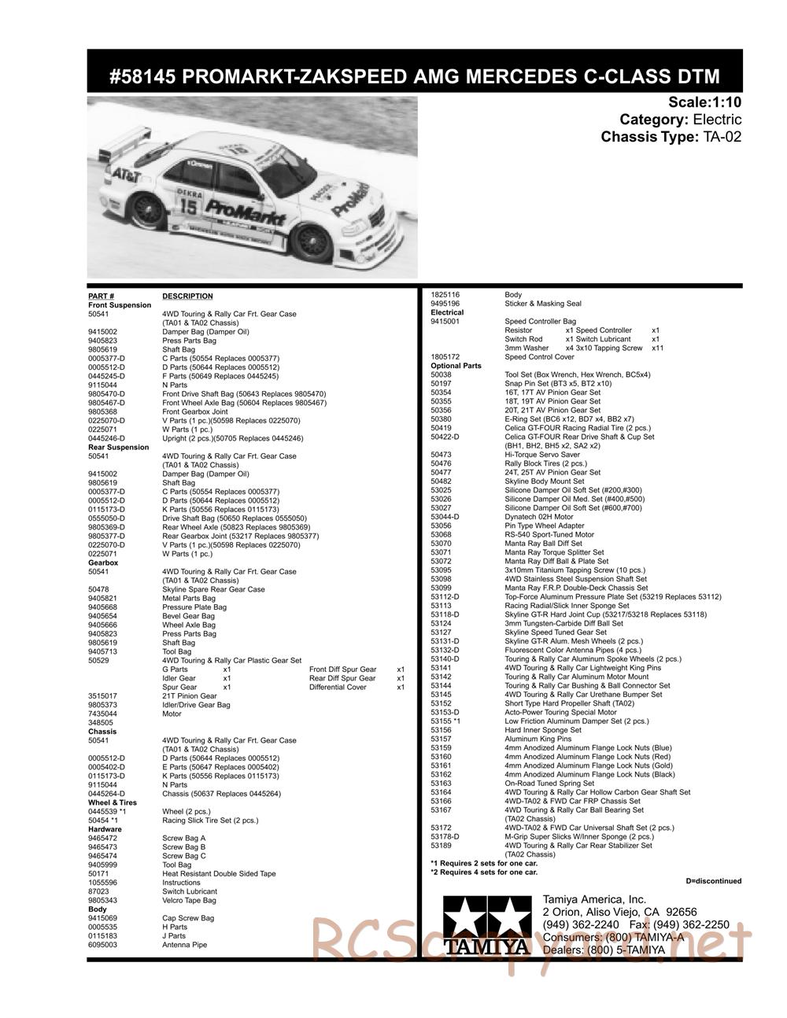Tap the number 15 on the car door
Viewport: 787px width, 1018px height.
pos(189,206)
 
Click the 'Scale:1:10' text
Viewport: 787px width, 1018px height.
pos(704,102)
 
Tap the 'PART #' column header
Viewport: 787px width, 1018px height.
pos(102,297)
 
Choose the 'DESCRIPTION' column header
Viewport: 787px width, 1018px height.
pos(187,297)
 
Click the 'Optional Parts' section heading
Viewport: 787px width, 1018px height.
pos(456,366)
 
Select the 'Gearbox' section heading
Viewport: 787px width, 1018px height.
pos(103,563)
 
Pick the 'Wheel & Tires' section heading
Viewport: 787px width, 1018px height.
pos(113,803)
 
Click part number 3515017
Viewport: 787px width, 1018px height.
pos(102,696)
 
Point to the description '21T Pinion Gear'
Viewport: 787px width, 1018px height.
pos(190,696)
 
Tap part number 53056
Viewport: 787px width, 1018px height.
pos(441,526)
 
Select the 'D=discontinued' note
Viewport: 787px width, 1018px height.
pos(713,881)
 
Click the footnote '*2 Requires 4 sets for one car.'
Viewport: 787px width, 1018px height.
pos(484,872)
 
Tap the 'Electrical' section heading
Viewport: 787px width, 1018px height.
pos(447,312)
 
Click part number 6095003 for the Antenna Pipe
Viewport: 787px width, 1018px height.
pos(103,945)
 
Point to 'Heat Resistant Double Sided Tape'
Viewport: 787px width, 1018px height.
pos(219,874)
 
